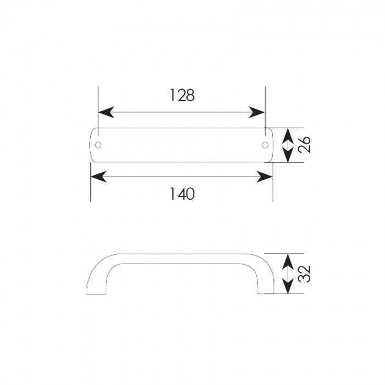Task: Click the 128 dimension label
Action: click(x=182, y=95)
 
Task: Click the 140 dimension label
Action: click(x=182, y=194)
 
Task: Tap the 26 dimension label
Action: click(x=304, y=145)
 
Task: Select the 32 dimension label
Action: click(x=304, y=273)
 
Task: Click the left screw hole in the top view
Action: click(x=98, y=145)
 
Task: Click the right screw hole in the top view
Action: click(x=265, y=145)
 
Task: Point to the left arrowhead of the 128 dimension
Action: click(x=106, y=112)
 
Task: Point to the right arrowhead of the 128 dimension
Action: click(x=257, y=112)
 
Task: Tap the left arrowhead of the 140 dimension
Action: click(x=98, y=177)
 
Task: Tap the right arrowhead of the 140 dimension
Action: click(x=265, y=177)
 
